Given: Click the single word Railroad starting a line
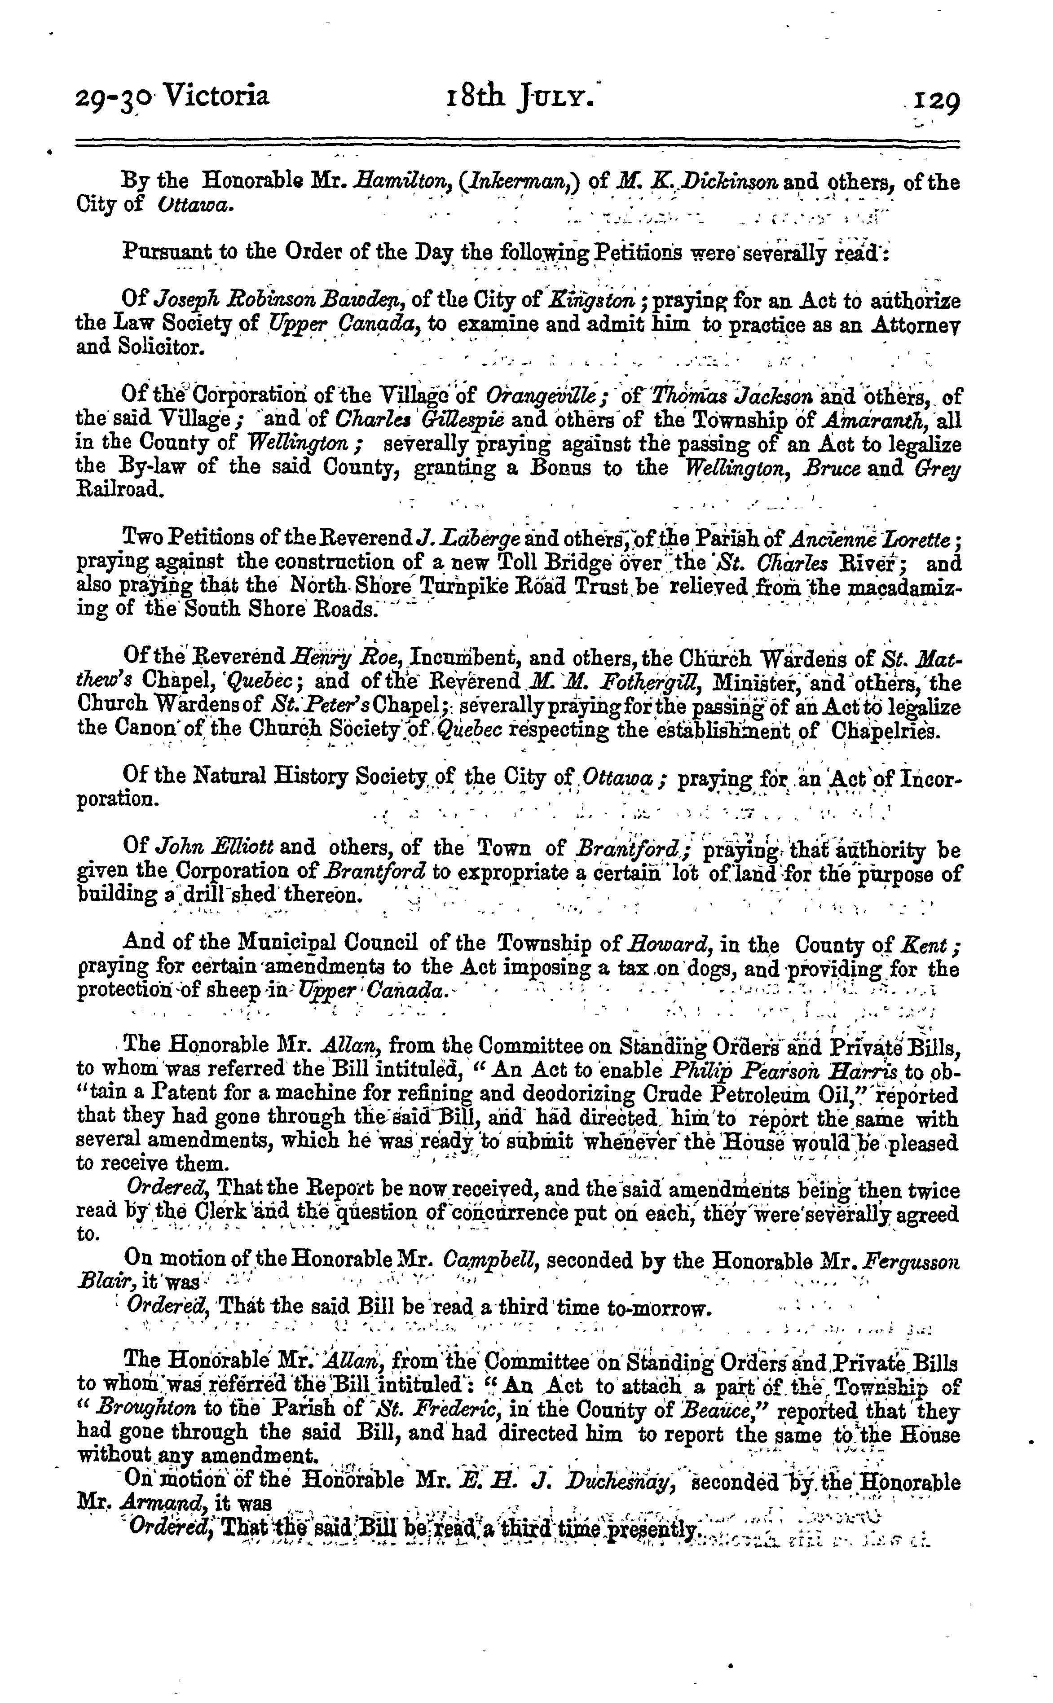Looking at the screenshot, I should point(120,490).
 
